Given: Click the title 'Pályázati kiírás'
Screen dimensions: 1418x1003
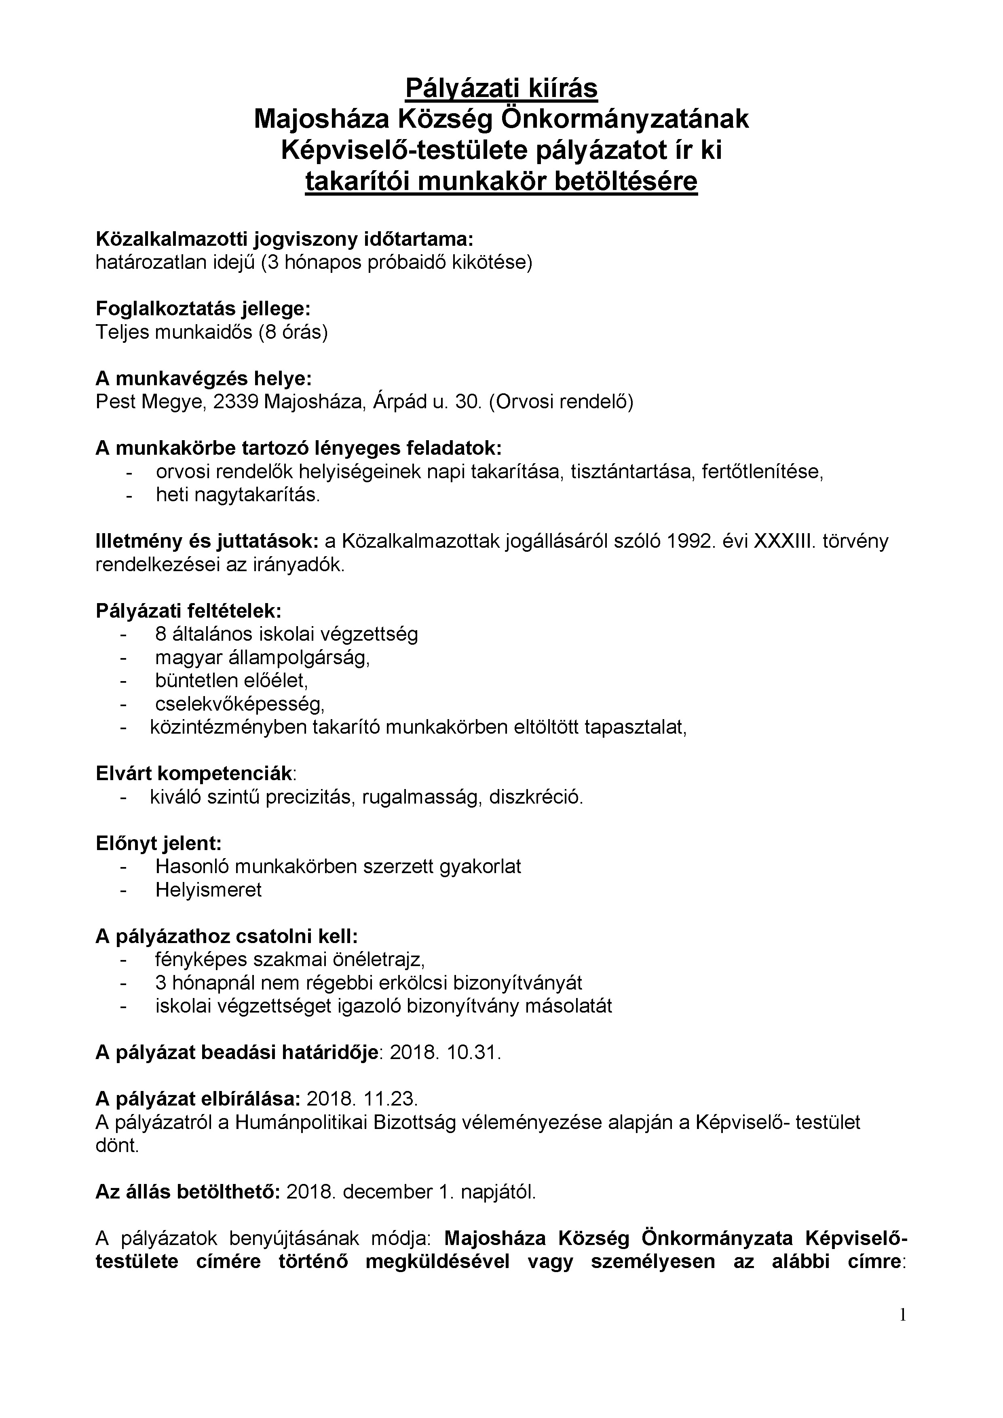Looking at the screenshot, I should (x=501, y=88).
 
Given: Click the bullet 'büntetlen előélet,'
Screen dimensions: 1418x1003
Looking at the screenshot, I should (x=232, y=681).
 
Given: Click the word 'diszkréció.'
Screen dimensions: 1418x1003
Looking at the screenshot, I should (x=536, y=797).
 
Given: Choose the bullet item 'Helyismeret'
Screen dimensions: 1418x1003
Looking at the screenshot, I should (x=209, y=890).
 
